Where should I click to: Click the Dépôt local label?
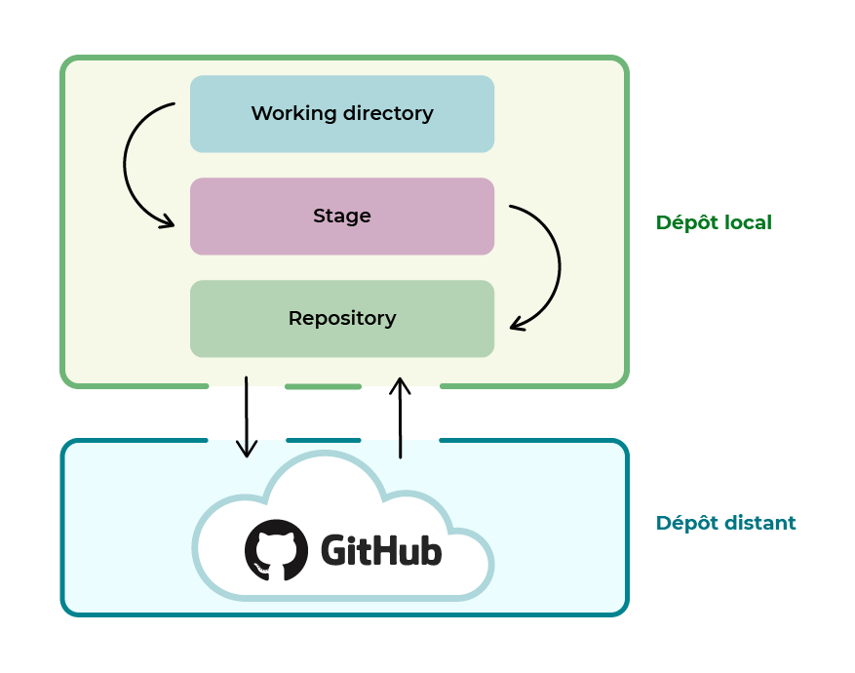714,222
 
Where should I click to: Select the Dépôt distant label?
725,523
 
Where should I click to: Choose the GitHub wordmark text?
381,551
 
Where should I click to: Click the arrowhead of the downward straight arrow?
248,449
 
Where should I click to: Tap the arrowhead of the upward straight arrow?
400,384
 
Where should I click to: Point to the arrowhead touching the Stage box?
167,222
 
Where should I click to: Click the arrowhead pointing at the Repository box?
518,324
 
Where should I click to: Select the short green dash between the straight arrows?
323,387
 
